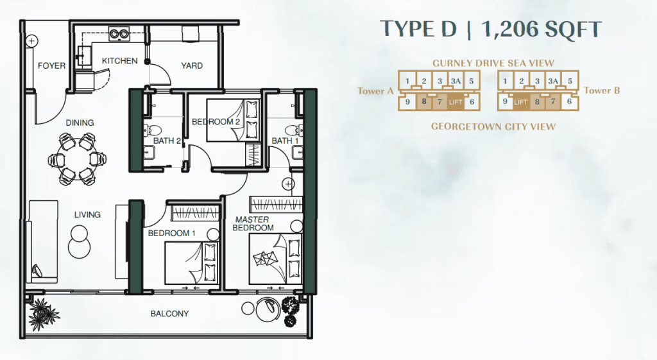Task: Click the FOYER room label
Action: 51,66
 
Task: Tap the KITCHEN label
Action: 120,61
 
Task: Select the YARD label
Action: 192,66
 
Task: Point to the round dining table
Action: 77,159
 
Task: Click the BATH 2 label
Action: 167,141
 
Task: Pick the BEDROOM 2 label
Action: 216,122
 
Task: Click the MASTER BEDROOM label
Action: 253,224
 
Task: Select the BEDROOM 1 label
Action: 172,234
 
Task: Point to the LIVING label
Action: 87,214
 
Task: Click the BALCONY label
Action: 169,314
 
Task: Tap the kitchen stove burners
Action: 119,33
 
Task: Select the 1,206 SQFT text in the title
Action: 542,29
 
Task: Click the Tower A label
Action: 375,91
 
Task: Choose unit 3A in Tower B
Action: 553,81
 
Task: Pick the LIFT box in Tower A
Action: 456,102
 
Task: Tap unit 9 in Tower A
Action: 407,102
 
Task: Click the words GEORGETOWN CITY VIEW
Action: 493,126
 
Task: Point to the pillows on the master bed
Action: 294,257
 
